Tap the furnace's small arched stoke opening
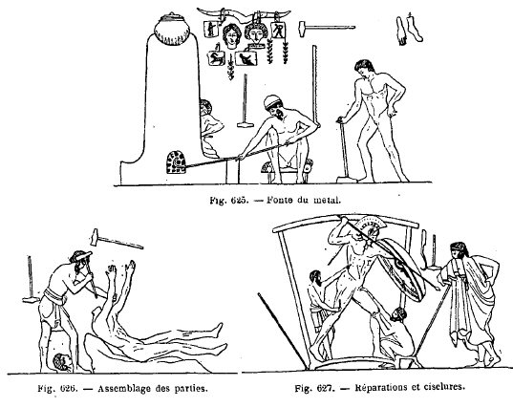pos(176,162)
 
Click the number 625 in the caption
pos(238,201)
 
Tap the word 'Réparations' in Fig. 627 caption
pos(378,388)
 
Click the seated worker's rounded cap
pos(273,101)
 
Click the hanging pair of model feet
pos(408,30)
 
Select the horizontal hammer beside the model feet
pos(327,27)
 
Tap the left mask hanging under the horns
pos(231,35)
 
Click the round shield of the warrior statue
pos(405,270)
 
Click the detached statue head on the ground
pos(63,362)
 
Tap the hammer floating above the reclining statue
pos(117,240)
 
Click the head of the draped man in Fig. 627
pos(459,250)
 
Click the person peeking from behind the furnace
pos(209,128)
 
